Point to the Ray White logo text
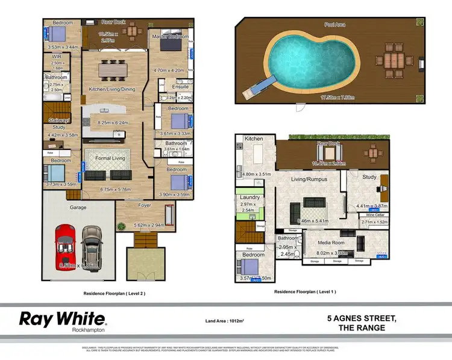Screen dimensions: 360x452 coord(63,318)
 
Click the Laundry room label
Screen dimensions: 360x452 coord(250,197)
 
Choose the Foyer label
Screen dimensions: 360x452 coord(144,205)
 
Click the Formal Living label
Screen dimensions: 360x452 coord(107,158)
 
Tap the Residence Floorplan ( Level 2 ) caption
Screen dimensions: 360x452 coord(114,293)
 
